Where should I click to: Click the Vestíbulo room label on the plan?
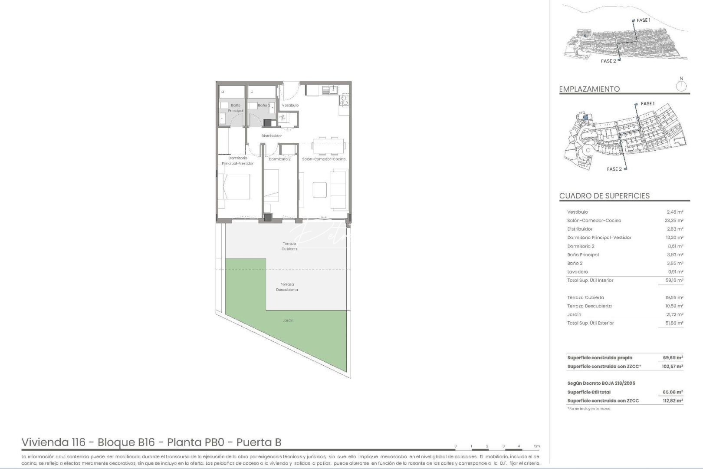click(x=290, y=106)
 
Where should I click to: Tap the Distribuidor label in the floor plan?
click(x=271, y=136)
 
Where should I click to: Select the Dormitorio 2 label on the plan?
click(x=279, y=159)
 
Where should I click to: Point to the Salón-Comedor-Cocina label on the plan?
click(x=324, y=159)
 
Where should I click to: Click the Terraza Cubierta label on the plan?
click(x=289, y=246)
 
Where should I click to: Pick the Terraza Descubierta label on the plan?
click(x=287, y=287)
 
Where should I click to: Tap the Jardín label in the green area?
click(x=288, y=320)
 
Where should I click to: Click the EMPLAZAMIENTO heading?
click(x=589, y=89)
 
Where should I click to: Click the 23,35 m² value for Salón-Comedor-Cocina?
click(x=674, y=221)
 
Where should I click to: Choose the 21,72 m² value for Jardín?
click(x=674, y=314)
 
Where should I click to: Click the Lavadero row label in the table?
click(x=577, y=272)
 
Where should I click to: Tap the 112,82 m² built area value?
click(x=673, y=401)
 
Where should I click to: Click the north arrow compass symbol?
click(x=681, y=85)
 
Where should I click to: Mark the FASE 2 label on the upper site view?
click(x=608, y=61)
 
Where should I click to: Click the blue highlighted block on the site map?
click(x=585, y=117)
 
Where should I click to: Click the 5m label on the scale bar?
click(x=537, y=446)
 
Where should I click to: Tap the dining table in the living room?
click(x=329, y=146)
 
